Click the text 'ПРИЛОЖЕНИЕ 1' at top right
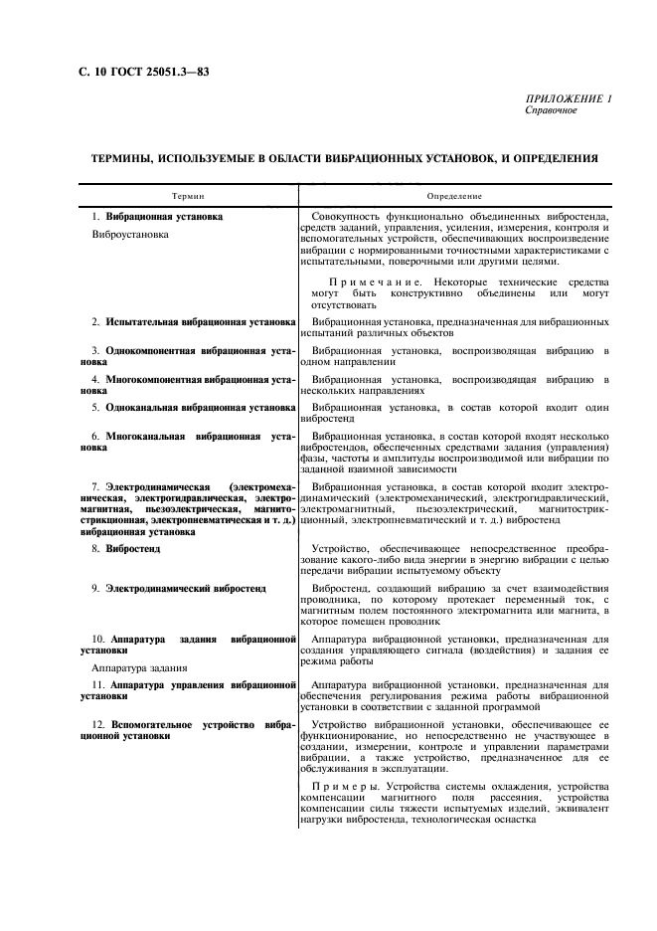(569, 99)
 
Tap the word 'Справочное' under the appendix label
(551, 110)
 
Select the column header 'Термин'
(189, 196)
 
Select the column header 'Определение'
(454, 196)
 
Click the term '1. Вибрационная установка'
(157, 216)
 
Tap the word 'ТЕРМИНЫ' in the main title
(128, 157)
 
